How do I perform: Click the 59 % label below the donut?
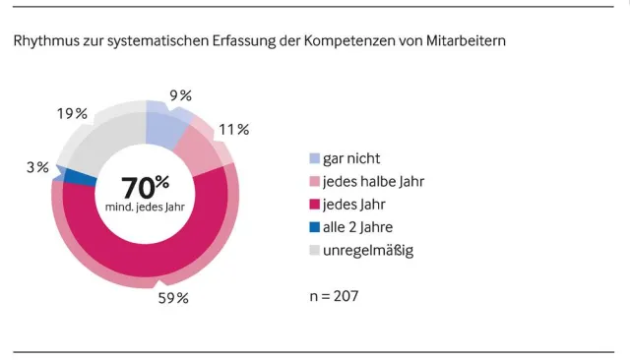pyautogui.click(x=172, y=298)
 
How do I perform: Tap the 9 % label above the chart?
pyautogui.click(x=180, y=95)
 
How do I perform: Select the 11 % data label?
pyautogui.click(x=235, y=129)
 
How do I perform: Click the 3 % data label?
pyautogui.click(x=37, y=167)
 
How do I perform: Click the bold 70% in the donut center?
pyautogui.click(x=145, y=186)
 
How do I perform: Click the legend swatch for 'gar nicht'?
pyautogui.click(x=314, y=158)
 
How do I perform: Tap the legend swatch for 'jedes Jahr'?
pyautogui.click(x=314, y=205)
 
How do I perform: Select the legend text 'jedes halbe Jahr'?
pyautogui.click(x=373, y=182)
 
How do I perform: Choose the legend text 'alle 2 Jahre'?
pyautogui.click(x=363, y=228)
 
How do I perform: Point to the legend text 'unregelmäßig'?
pyautogui.click(x=367, y=251)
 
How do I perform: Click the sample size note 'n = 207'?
pyautogui.click(x=341, y=295)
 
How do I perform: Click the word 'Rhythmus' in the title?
pyautogui.click(x=45, y=42)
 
